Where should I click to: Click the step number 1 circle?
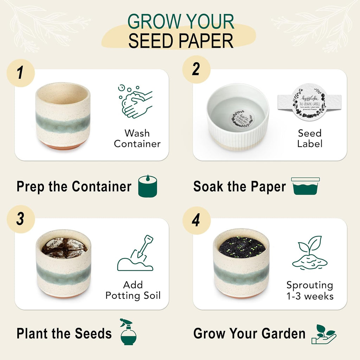(20, 73)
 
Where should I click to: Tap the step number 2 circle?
(196, 69)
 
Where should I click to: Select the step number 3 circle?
(20, 219)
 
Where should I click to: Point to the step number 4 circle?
(196, 220)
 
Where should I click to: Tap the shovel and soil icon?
(136, 253)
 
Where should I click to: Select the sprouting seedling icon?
(310, 253)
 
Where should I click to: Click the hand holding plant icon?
(324, 334)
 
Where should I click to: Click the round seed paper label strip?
(309, 102)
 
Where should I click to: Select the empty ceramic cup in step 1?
(63, 116)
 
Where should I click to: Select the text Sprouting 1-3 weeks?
(310, 290)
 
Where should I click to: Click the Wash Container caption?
(137, 139)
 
